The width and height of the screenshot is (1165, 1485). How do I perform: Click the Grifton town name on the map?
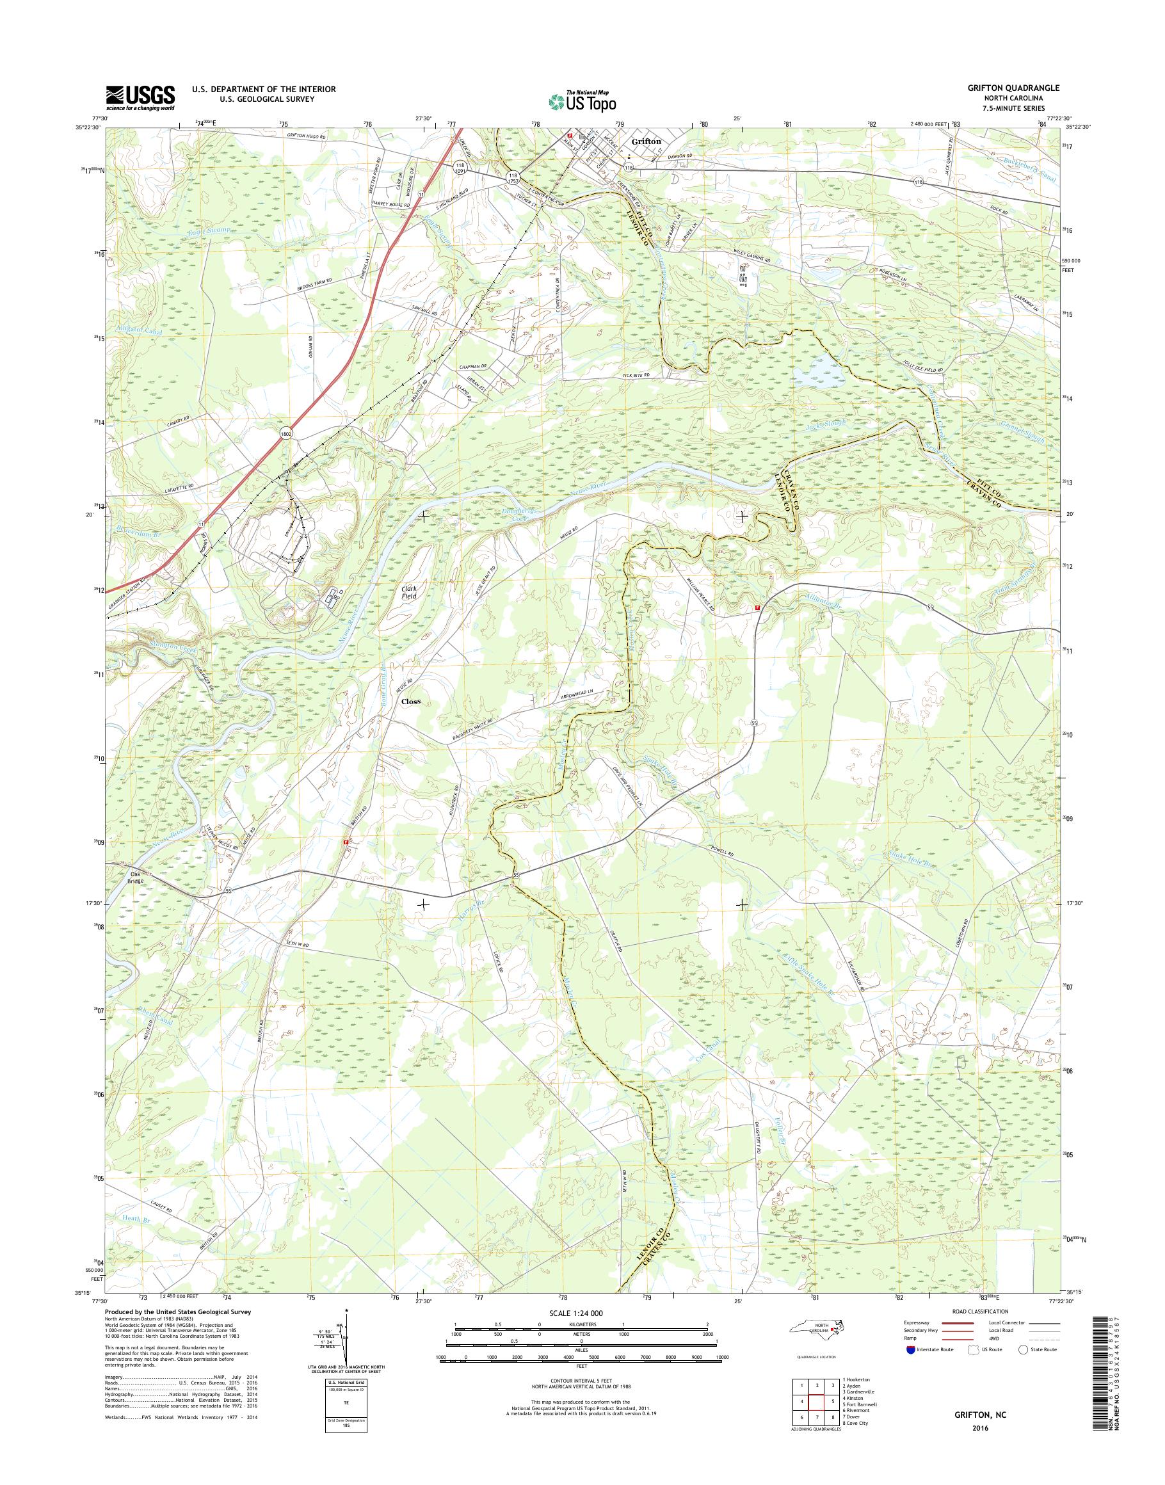pyautogui.click(x=646, y=142)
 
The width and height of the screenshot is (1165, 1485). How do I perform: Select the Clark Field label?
pyautogui.click(x=408, y=591)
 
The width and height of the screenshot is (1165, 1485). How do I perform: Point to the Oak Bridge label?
pyautogui.click(x=134, y=876)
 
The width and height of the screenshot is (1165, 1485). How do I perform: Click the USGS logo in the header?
pyautogui.click(x=140, y=97)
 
